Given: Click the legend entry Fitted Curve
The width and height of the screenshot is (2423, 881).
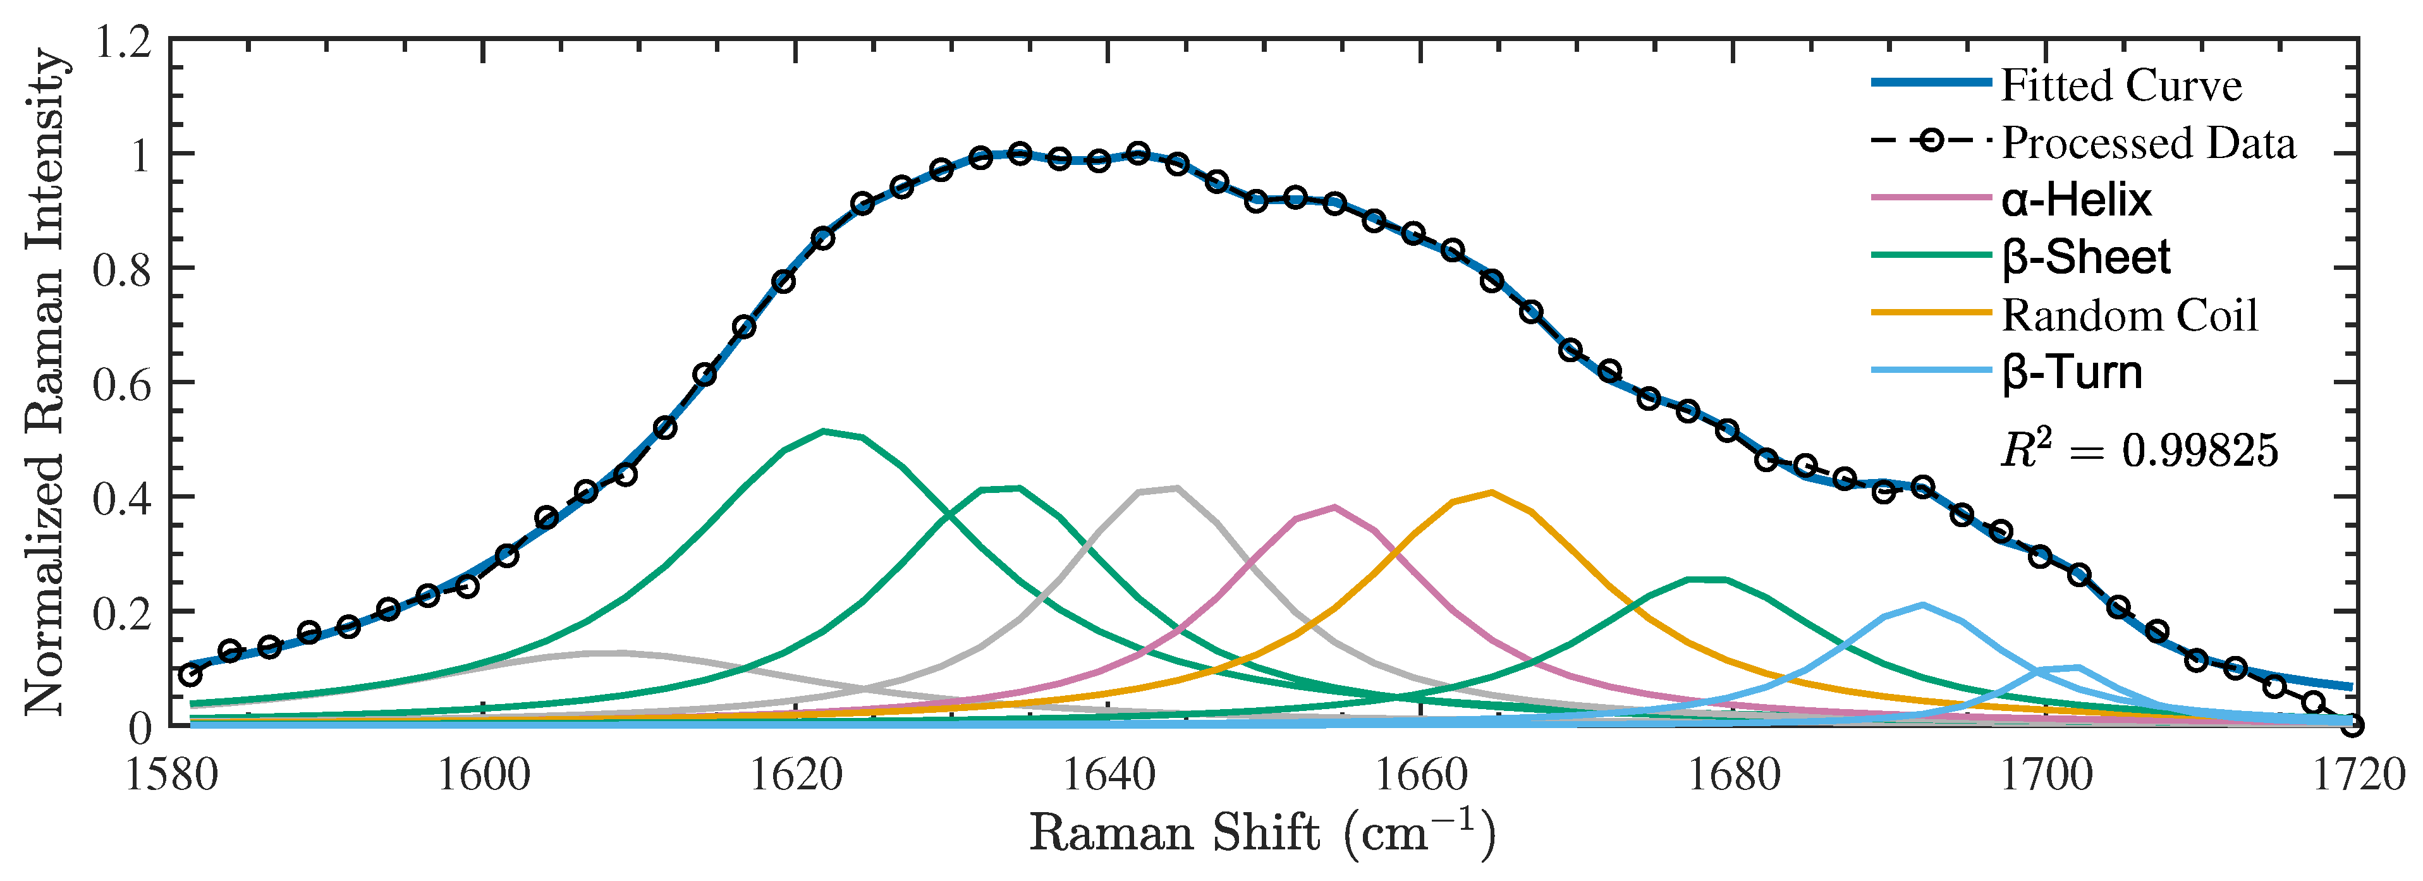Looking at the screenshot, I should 2121,85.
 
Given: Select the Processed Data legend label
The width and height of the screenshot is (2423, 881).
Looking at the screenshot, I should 2149,143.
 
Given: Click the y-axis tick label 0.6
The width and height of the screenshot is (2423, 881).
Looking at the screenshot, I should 122,384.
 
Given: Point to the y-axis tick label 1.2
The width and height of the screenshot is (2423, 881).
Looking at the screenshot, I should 122,42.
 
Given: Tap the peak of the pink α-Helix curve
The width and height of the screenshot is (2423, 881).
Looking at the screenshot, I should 1334,507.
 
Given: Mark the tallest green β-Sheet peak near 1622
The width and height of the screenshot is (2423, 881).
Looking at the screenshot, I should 824,432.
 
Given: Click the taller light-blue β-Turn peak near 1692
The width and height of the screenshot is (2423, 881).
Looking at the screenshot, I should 1922,605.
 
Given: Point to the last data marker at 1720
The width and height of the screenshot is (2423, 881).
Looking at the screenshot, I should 2352,725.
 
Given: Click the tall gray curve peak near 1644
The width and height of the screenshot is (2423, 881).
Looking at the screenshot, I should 1176,488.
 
